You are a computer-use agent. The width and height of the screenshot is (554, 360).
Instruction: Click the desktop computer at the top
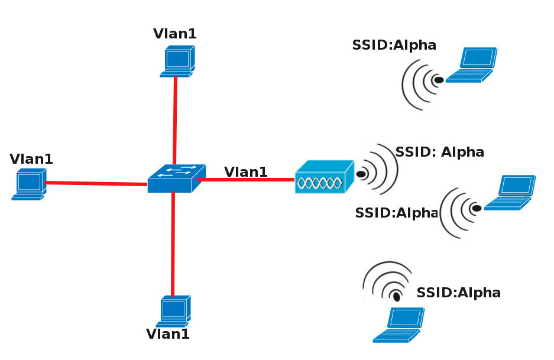(x=177, y=63)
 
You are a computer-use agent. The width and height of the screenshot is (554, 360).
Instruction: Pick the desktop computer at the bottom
(x=173, y=312)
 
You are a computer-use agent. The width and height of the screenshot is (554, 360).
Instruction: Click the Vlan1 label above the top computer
(x=174, y=34)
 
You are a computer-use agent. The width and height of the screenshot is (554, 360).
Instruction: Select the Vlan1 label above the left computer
(x=31, y=158)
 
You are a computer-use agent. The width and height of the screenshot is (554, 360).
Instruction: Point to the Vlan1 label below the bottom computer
(x=168, y=334)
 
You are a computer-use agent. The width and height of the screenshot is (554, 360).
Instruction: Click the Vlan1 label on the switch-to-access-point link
(x=245, y=172)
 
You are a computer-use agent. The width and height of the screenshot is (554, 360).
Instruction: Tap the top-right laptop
(x=472, y=65)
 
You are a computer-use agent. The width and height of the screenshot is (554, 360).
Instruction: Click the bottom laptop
(x=400, y=325)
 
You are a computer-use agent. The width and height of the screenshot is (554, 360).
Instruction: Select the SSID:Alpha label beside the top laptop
(x=394, y=45)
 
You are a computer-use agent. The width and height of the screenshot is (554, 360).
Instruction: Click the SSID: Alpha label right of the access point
(x=439, y=152)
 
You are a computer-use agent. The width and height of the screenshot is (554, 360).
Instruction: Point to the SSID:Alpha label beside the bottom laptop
(x=458, y=292)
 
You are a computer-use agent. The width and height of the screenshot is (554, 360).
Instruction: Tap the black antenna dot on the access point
(x=361, y=174)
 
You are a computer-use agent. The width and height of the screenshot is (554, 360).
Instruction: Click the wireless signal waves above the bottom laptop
(x=387, y=280)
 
